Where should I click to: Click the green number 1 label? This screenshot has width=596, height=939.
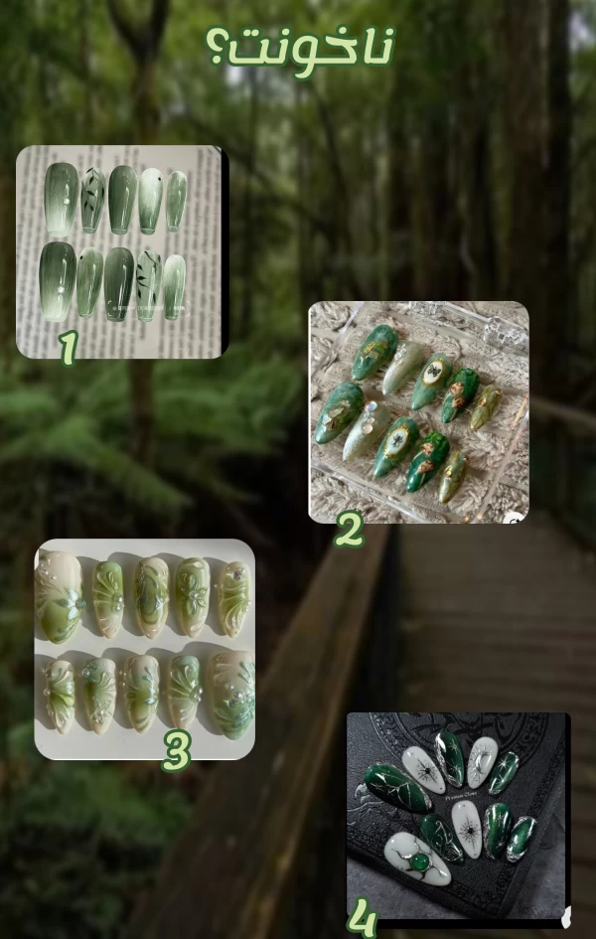[x=69, y=348]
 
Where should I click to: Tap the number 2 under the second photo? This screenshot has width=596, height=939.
[x=349, y=529]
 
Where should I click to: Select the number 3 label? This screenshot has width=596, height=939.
[x=177, y=750]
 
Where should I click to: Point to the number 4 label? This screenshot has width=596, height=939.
[x=363, y=918]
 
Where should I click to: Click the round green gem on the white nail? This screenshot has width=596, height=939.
[x=421, y=862]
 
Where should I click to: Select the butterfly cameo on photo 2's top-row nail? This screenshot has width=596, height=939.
[x=431, y=373]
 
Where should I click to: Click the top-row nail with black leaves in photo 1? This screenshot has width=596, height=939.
[x=92, y=200]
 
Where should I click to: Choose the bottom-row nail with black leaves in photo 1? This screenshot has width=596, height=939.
[x=149, y=285]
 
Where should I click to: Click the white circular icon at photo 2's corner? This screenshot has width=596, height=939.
[x=514, y=520]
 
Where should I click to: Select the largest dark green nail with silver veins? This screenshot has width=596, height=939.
[x=398, y=787]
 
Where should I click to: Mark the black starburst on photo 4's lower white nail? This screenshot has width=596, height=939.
[x=467, y=830]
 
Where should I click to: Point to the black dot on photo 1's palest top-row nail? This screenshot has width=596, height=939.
[x=158, y=179]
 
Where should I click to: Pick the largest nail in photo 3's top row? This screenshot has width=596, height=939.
[x=60, y=597]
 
